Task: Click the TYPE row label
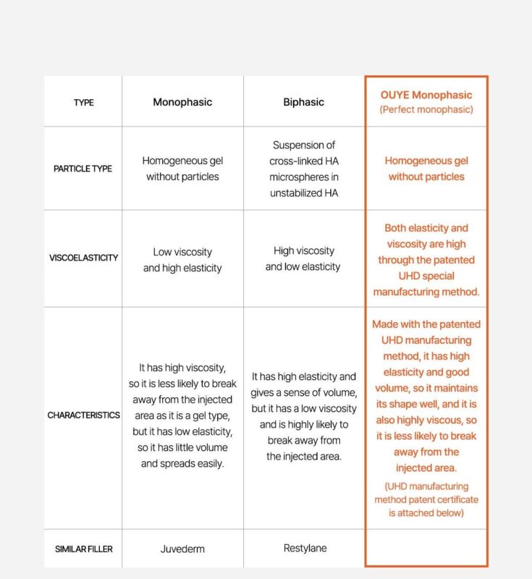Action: pos(83,103)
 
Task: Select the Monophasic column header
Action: pos(182,102)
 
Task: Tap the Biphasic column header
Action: pos(304,102)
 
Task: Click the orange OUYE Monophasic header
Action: pos(426,95)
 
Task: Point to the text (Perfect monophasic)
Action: pos(426,110)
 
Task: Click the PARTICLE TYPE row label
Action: pos(83,169)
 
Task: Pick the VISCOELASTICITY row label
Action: pos(83,258)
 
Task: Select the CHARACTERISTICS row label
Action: pos(83,415)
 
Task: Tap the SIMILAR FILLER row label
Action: pos(83,549)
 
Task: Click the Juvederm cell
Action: pos(182,549)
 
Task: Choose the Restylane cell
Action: pos(304,548)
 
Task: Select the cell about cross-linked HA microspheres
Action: pos(304,169)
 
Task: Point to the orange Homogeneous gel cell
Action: pos(426,169)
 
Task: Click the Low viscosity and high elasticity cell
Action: pos(182,260)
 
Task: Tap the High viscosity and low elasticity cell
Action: pos(304,258)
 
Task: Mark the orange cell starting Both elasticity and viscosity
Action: pos(426,260)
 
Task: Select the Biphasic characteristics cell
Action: pos(304,416)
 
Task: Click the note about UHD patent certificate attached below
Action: pos(426,499)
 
